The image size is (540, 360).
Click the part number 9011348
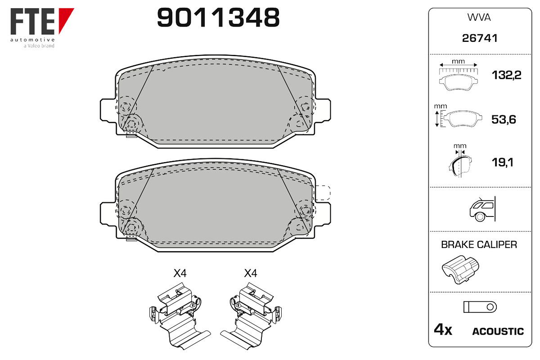(x=218, y=18)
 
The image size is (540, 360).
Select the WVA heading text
(x=479, y=18)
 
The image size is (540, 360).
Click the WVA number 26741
(x=480, y=38)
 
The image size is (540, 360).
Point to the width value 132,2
(x=506, y=75)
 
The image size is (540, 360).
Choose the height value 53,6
(x=504, y=119)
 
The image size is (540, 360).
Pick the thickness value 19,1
(x=502, y=162)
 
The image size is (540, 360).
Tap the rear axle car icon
(x=482, y=209)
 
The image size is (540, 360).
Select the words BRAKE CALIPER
(x=479, y=244)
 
